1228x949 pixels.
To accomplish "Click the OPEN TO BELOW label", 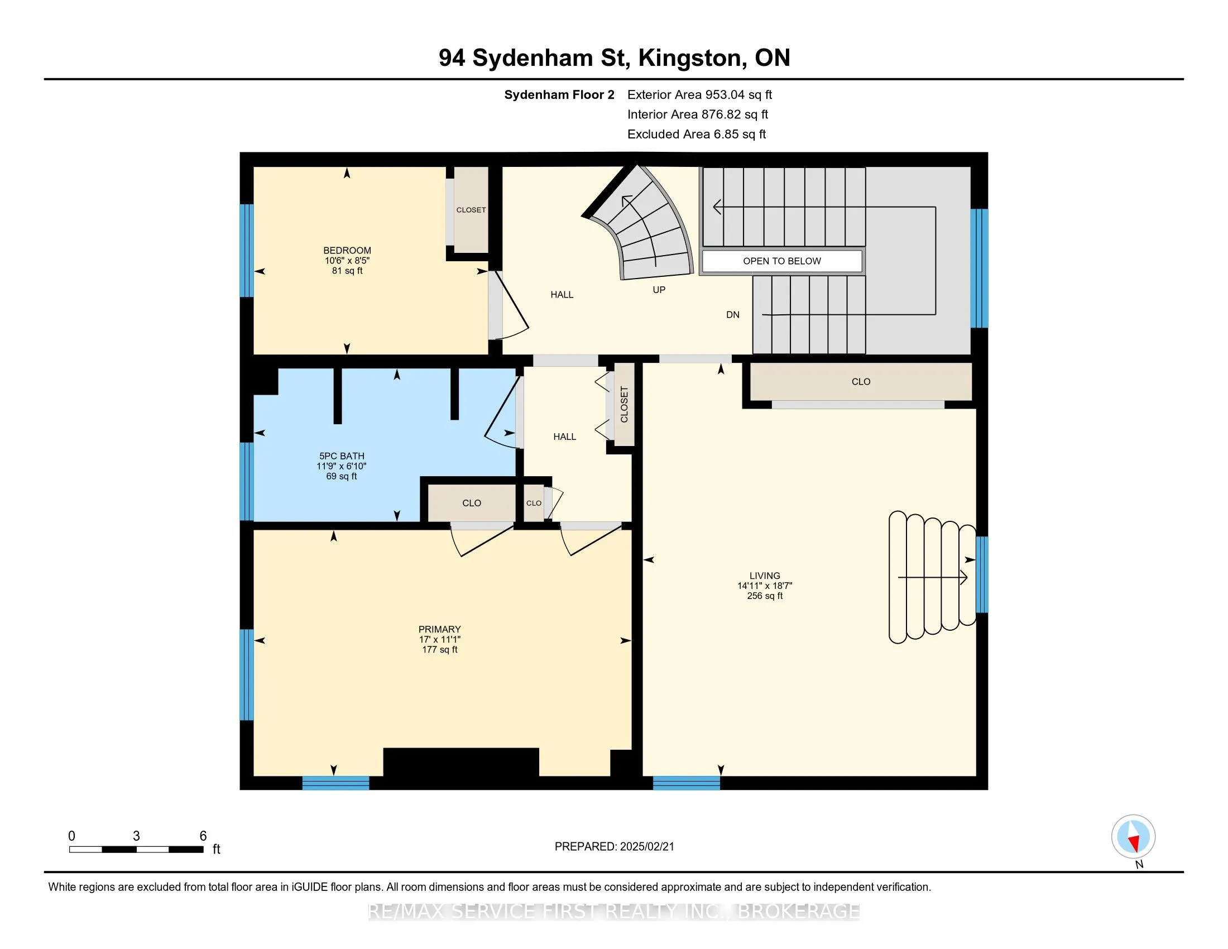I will (781, 261).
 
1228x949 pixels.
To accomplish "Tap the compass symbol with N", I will (1133, 837).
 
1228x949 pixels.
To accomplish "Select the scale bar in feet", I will (136, 850).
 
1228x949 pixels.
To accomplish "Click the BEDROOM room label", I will (347, 251).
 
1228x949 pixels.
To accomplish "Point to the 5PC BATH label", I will (342, 457).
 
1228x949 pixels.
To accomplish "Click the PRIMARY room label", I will (440, 630).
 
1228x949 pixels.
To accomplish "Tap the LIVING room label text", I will (765, 576).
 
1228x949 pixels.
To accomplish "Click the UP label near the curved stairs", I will (659, 290).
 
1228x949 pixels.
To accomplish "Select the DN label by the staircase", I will (733, 315).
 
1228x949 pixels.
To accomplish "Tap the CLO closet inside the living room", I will (861, 382).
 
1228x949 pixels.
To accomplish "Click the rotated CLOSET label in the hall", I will (624, 404).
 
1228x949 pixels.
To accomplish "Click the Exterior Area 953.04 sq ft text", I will (699, 95).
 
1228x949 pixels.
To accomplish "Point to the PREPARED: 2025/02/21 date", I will (614, 847).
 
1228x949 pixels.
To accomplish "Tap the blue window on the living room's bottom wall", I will (686, 783).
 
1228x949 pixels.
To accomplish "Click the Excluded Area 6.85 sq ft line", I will (697, 135).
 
